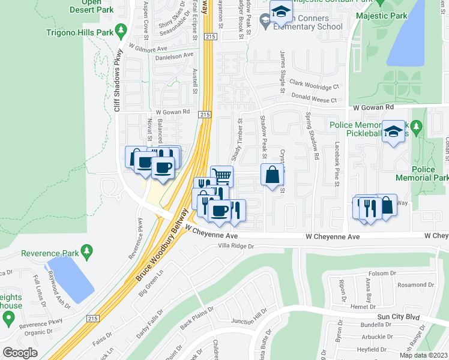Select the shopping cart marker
(x=221, y=176)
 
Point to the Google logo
(x=20, y=352)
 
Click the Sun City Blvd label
(x=399, y=316)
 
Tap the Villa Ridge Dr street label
(x=236, y=245)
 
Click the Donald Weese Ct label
(x=314, y=97)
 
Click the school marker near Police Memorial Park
(x=393, y=133)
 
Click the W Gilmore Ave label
(x=148, y=47)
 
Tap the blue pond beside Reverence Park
(x=70, y=278)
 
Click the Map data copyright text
(x=424, y=355)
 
